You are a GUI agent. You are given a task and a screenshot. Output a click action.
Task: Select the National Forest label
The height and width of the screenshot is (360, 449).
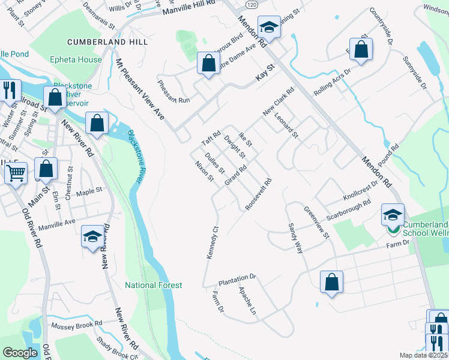coord(153,285)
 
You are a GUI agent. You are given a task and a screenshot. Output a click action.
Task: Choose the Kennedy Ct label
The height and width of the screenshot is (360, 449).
coord(211,242)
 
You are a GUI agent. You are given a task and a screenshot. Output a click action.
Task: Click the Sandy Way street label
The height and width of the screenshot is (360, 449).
coord(295,238)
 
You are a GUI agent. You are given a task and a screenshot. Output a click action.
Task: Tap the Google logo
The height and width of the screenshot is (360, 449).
coord(20,353)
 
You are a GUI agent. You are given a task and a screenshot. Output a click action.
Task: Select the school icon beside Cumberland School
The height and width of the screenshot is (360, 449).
coord(393,215)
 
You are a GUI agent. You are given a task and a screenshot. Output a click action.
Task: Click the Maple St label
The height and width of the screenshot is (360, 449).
coord(89,192)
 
